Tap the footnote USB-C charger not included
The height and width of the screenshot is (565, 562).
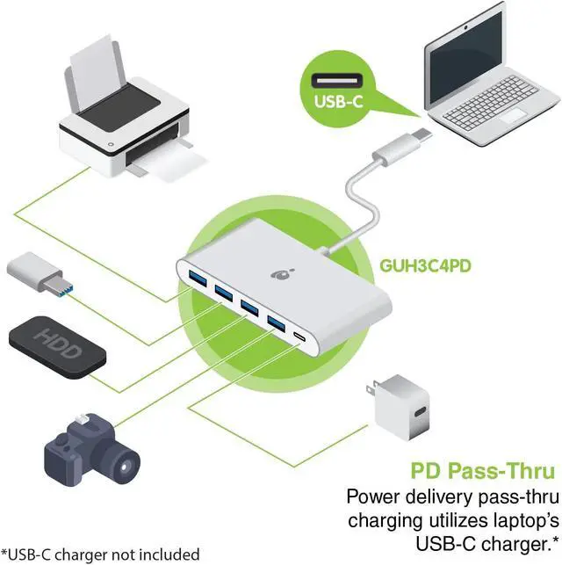tap(101, 554)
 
